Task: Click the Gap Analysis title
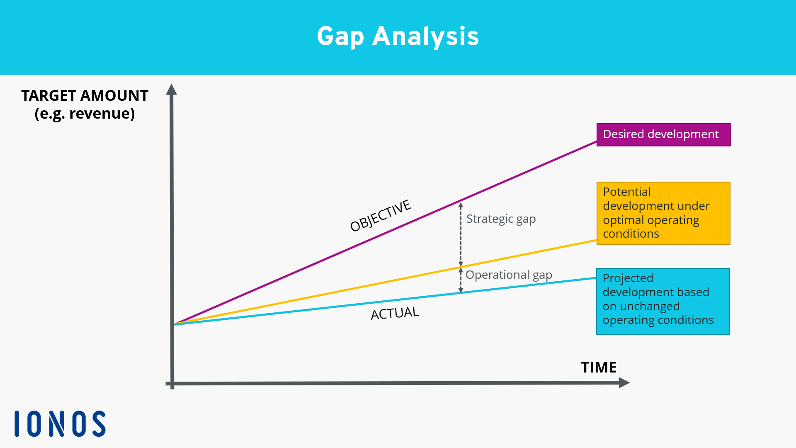click(398, 37)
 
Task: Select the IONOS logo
click(60, 424)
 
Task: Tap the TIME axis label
click(598, 368)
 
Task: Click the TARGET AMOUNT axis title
click(85, 96)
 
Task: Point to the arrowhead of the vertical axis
click(171, 89)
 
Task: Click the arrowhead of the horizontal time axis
click(624, 382)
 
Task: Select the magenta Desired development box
click(663, 135)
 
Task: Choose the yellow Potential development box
click(663, 213)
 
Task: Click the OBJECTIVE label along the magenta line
click(380, 216)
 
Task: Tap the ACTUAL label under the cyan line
click(395, 313)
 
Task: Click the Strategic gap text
click(501, 219)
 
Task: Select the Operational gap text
click(509, 275)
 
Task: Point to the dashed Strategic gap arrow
click(461, 234)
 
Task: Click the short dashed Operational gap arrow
click(461, 280)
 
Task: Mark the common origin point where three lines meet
click(175, 324)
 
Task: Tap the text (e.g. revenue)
click(85, 114)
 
